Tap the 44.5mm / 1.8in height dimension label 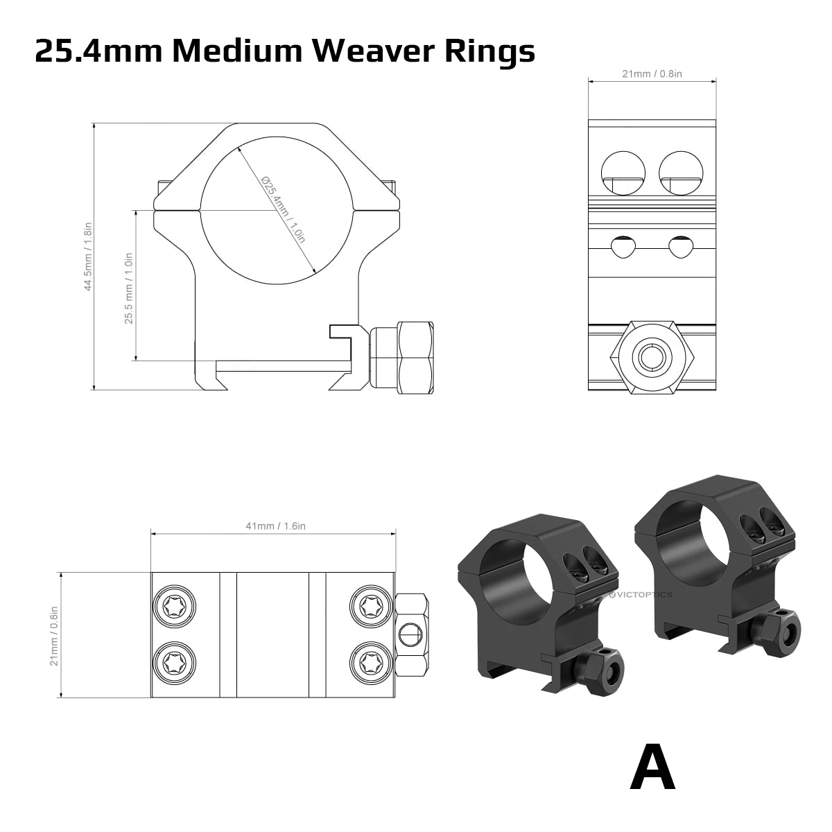coord(88,257)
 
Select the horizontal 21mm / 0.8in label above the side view coord(652,74)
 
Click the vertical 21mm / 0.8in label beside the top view coord(53,635)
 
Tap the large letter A coord(652,768)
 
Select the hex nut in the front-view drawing coord(401,358)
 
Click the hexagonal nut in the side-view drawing coord(652,356)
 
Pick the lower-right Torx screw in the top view coord(370,664)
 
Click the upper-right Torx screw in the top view coord(370,608)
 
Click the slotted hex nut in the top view coord(410,634)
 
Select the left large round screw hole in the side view coord(623,173)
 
